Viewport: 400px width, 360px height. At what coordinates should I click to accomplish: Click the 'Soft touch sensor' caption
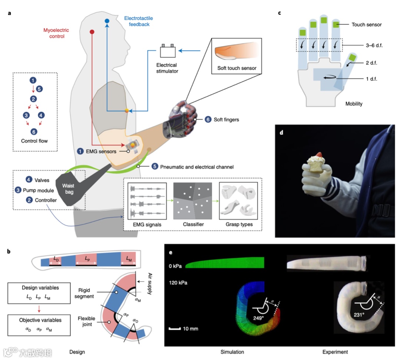pyautogui.click(x=236, y=69)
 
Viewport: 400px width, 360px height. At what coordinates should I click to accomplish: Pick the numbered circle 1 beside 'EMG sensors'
pyautogui.click(x=80, y=151)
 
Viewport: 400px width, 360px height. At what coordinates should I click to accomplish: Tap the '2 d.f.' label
pyautogui.click(x=372, y=63)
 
